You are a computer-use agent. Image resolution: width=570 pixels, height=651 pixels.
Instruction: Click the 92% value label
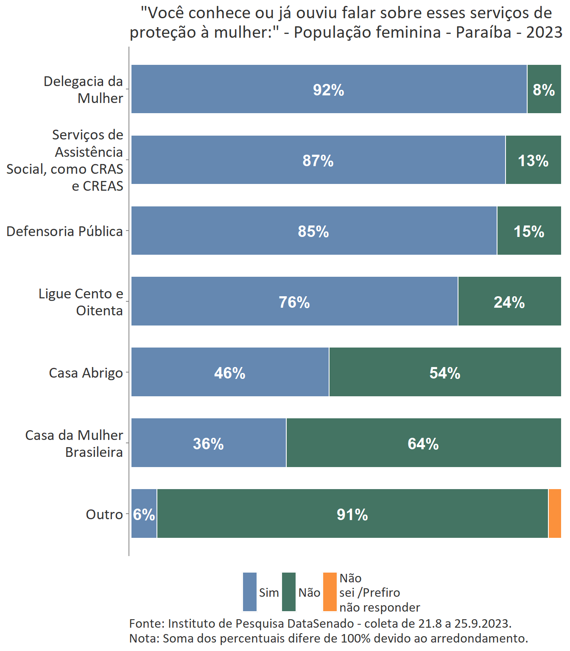click(328, 90)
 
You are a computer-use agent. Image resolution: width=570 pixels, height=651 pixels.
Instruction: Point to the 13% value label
click(533, 161)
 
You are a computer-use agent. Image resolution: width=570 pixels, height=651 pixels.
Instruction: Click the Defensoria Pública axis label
click(64, 231)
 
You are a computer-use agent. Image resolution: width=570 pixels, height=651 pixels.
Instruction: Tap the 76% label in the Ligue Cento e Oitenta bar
click(294, 302)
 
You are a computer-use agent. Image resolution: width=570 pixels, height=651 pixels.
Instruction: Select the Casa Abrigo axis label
click(86, 373)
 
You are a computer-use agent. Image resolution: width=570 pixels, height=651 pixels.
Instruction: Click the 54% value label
click(444, 373)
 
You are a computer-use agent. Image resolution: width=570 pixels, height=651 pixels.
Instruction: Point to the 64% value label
click(423, 444)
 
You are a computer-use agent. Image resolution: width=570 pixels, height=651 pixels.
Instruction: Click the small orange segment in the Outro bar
click(555, 514)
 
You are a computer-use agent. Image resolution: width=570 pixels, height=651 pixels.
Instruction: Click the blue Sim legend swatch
click(250, 592)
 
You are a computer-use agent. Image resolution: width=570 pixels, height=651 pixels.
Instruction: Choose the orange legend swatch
click(330, 592)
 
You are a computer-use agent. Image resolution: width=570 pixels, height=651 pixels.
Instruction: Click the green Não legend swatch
click(289, 592)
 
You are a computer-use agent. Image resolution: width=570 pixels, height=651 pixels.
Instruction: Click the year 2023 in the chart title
click(544, 32)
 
